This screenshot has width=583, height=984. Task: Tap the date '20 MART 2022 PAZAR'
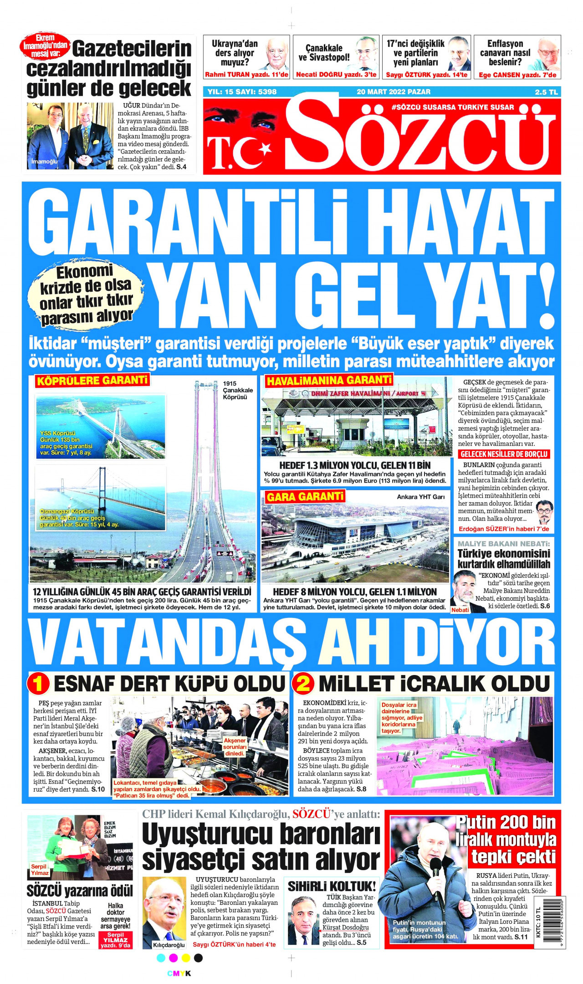tap(393, 92)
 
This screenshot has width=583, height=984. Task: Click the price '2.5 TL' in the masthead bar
tap(546, 92)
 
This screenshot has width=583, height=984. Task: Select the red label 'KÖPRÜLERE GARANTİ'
tap(92, 380)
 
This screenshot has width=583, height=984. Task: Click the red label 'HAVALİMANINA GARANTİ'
tap(329, 380)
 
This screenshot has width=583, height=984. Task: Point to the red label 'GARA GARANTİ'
tap(305, 496)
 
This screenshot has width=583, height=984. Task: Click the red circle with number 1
tap(38, 684)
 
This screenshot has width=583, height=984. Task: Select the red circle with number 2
tap(303, 684)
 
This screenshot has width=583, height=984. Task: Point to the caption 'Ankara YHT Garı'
tap(420, 497)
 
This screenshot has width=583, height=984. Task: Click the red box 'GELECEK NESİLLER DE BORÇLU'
tap(504, 454)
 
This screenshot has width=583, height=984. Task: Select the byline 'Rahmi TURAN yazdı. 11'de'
tap(246, 75)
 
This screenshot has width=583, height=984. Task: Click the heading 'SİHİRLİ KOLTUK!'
tap(332, 886)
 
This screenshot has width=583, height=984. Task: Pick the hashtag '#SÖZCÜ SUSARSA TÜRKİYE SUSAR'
tap(453, 108)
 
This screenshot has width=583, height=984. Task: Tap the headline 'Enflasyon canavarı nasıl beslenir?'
tap(505, 53)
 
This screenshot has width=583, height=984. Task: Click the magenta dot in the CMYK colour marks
tap(173, 958)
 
